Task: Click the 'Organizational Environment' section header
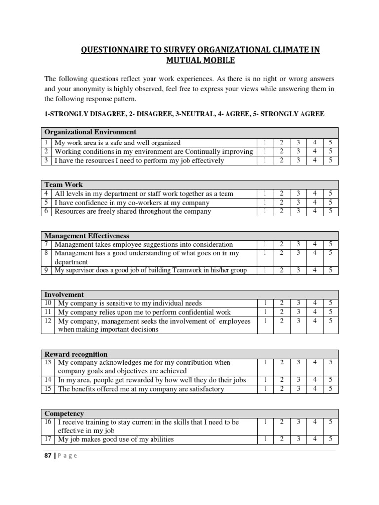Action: tap(90, 132)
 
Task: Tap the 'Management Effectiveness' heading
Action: tap(87, 236)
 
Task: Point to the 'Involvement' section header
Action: tap(64, 294)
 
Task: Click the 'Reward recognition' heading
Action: tap(76, 354)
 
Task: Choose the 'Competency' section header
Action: tap(64, 413)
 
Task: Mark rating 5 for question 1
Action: tap(330, 143)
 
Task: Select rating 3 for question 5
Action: tap(298, 203)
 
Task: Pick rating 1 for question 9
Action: tap(265, 270)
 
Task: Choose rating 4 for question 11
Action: tap(314, 312)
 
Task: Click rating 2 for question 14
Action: tap(281, 380)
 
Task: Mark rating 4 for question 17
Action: tap(314, 439)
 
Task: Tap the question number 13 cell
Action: tap(47, 362)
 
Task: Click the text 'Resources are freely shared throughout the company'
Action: tap(133, 211)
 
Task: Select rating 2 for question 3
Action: tap(281, 160)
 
